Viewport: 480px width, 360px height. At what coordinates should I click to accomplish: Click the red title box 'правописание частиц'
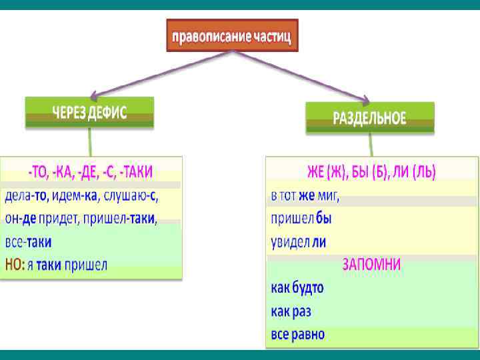tap(231, 35)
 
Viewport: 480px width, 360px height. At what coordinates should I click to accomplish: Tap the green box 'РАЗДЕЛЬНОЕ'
tap(369, 118)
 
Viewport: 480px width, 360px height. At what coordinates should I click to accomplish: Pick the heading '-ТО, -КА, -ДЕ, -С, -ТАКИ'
tap(90, 173)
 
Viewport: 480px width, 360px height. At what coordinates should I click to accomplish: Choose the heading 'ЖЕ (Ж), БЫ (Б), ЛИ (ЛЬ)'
tap(371, 173)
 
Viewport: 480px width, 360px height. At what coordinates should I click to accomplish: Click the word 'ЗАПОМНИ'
tap(371, 264)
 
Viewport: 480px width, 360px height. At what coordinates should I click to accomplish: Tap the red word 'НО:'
tap(14, 265)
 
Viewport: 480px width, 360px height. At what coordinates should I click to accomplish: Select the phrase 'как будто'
tap(297, 288)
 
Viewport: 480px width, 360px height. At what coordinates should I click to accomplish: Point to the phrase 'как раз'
tap(291, 311)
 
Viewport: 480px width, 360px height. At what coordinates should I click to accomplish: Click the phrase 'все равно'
tap(298, 333)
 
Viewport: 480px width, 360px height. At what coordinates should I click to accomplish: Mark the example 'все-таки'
tap(28, 241)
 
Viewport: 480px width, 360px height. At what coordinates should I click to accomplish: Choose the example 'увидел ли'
tap(298, 241)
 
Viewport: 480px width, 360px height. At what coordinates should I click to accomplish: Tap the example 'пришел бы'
tap(301, 219)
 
